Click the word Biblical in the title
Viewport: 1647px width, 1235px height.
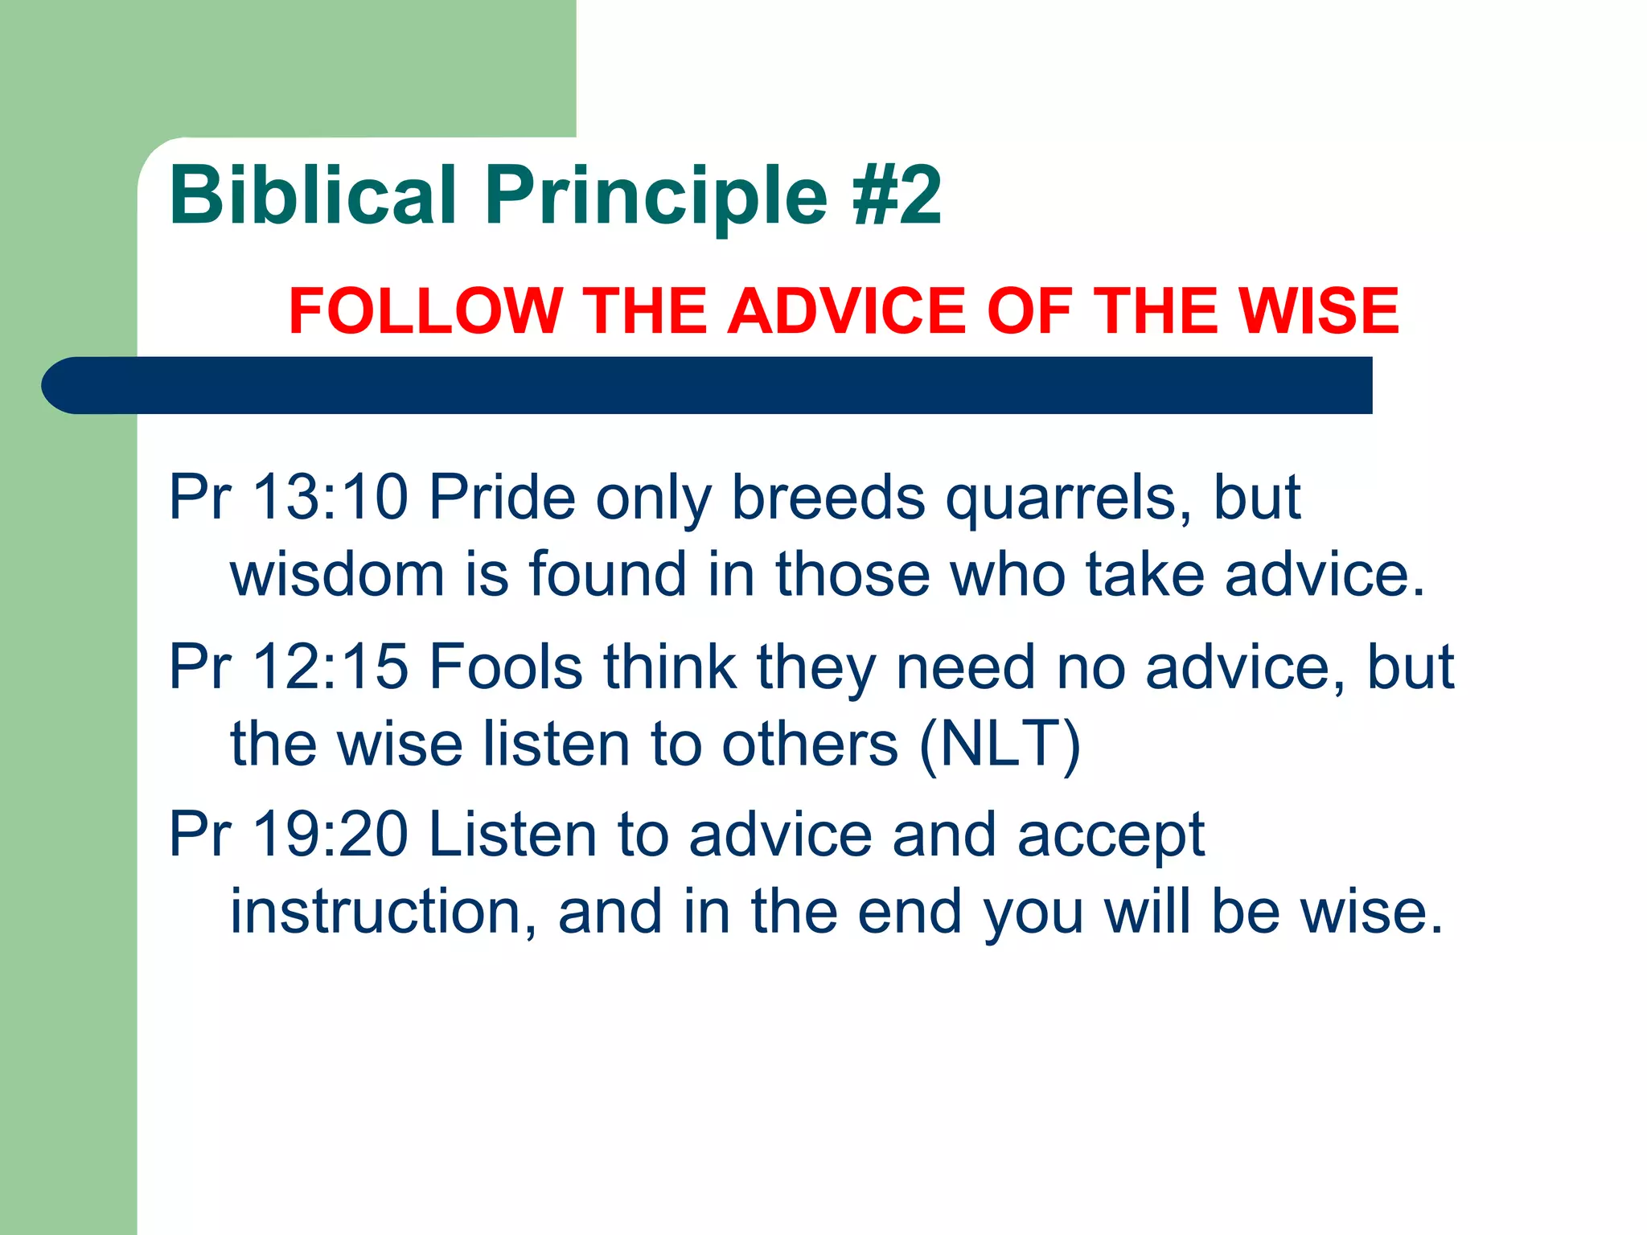(x=313, y=195)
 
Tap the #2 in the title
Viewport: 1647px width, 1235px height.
(x=897, y=195)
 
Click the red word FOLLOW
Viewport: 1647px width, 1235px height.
(x=425, y=311)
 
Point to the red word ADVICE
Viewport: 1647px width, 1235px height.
(x=847, y=311)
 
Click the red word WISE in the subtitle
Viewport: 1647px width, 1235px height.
(x=1319, y=311)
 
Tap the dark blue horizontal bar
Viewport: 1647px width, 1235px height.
(x=724, y=385)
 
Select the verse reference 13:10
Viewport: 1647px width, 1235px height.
(x=330, y=497)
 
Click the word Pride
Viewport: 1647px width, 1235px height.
(x=502, y=497)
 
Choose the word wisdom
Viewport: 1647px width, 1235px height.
(x=337, y=574)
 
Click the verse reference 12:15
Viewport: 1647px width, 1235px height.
(x=330, y=667)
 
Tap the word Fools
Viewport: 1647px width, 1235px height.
(x=506, y=667)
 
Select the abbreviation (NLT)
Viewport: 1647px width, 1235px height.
(x=1000, y=744)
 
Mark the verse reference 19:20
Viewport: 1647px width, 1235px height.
(x=330, y=835)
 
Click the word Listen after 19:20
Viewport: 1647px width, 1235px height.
(x=512, y=835)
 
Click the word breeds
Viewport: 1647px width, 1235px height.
(x=828, y=497)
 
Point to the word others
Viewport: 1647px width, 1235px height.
(x=809, y=744)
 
